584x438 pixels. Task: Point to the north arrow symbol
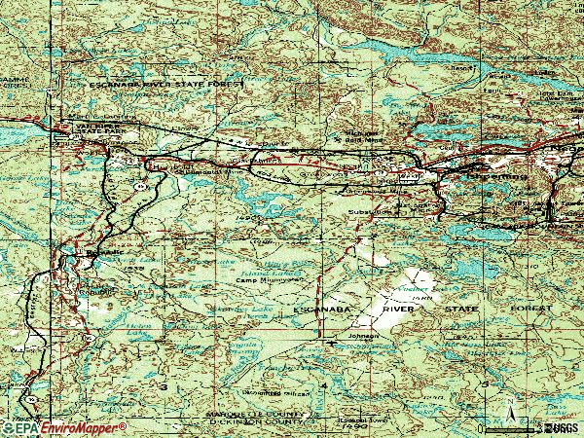pyautogui.click(x=508, y=405)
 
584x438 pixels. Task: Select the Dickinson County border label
pyautogui.click(x=255, y=423)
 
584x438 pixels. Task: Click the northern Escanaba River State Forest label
pyautogui.click(x=165, y=85)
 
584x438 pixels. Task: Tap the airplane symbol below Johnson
pyautogui.click(x=337, y=342)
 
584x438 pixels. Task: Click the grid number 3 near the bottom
pyautogui.click(x=164, y=386)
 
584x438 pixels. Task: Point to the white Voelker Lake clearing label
pyautogui.click(x=416, y=291)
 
